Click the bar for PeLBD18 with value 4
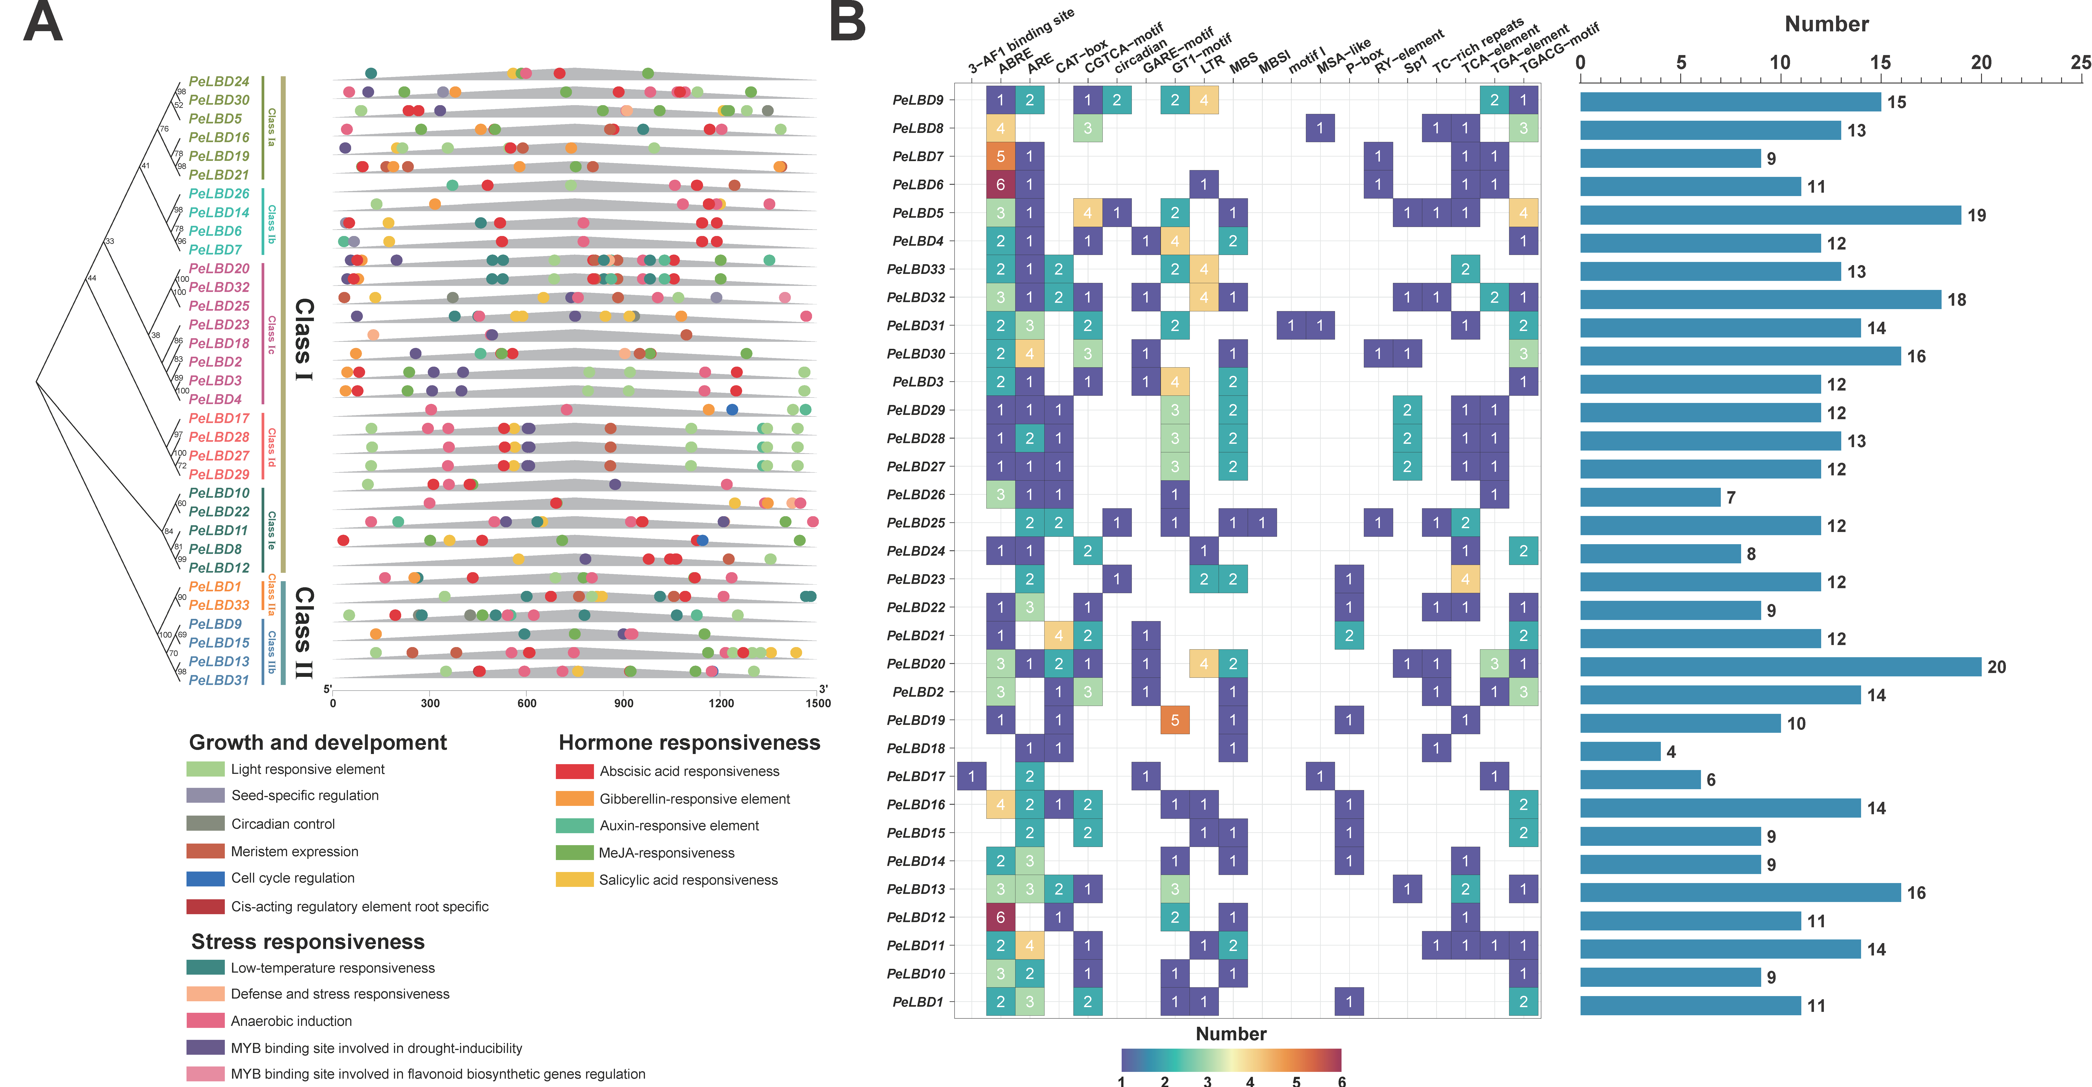click(x=1619, y=752)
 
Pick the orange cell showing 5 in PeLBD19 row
click(x=1174, y=720)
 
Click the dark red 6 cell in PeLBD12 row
click(x=1001, y=917)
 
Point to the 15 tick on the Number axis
click(x=1880, y=63)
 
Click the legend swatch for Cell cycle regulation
click(x=205, y=878)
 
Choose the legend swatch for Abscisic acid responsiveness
click(x=574, y=771)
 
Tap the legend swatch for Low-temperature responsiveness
click(x=205, y=968)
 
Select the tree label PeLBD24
click(x=219, y=81)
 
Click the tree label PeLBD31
click(x=219, y=680)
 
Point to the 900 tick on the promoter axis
click(x=624, y=703)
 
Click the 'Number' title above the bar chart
click(x=1826, y=24)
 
